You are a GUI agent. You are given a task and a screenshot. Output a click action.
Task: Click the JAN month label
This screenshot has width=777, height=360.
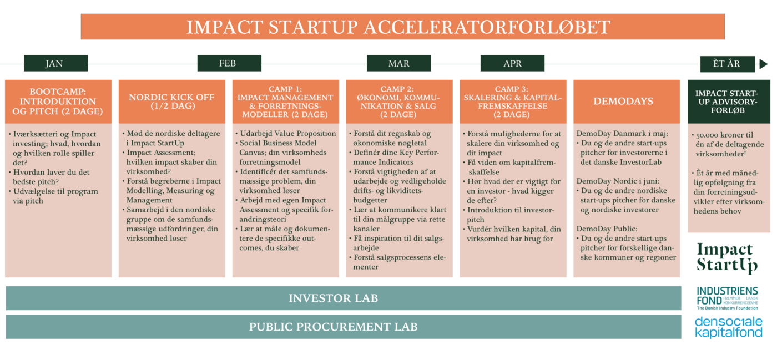click(56, 63)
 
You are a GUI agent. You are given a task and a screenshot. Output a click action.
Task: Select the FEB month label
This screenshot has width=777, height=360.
click(229, 63)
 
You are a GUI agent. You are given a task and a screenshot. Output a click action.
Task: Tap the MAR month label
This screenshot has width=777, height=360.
click(399, 63)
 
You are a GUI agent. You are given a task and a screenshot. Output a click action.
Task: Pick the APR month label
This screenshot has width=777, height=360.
click(512, 63)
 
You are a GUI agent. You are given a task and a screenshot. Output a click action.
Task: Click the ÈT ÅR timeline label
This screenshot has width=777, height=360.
click(728, 64)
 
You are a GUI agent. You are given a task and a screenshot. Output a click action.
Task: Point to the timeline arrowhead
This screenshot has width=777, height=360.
click(763, 64)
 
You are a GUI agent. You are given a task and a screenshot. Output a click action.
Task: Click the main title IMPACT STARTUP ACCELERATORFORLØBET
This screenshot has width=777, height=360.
click(403, 27)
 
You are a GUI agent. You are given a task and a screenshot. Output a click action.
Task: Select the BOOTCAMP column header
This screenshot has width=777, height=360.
click(58, 102)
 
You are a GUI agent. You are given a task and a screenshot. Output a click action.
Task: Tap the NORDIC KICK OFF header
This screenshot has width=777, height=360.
click(171, 102)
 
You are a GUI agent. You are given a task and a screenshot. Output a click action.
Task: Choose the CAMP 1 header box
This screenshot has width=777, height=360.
click(285, 102)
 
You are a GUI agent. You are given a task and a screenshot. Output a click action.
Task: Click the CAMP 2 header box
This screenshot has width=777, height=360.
click(399, 102)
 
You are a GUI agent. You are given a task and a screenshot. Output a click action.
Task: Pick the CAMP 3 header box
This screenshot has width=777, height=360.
click(513, 102)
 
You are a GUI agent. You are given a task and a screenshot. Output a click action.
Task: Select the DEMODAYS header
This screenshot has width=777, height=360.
click(627, 102)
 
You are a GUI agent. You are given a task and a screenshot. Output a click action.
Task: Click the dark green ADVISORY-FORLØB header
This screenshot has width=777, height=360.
click(729, 102)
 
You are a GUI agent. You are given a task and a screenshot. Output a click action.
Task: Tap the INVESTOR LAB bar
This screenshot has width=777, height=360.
click(344, 298)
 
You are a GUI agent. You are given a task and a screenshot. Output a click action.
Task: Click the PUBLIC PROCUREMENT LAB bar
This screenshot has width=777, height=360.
click(344, 327)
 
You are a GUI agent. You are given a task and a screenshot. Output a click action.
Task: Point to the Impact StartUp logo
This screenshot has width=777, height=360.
click(728, 258)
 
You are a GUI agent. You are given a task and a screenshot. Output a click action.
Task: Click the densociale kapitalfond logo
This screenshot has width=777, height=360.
click(728, 327)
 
